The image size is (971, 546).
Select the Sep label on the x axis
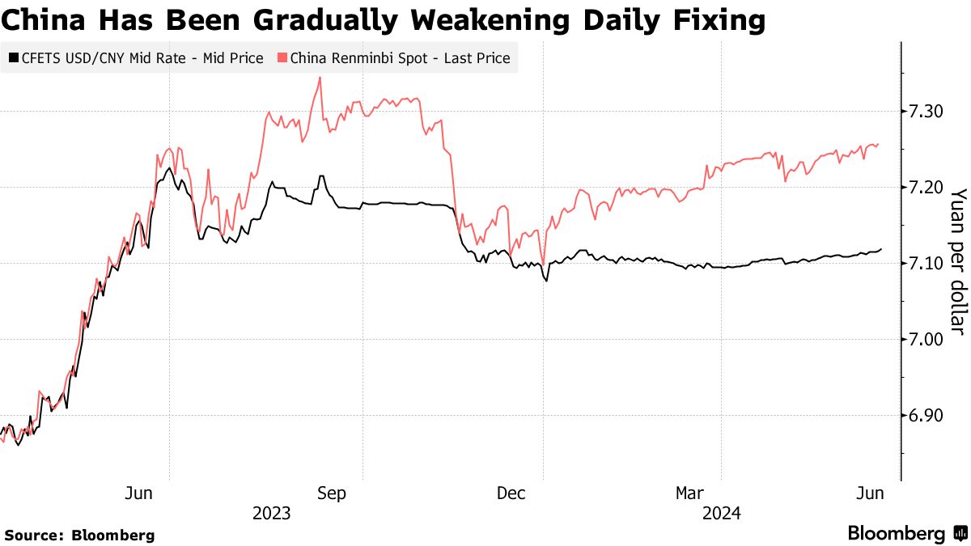point(332,493)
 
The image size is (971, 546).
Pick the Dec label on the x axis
point(513,493)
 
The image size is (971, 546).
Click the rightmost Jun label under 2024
point(870,493)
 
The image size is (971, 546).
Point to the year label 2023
point(272,513)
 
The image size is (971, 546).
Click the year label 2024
point(722,513)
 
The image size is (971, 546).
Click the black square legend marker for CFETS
point(12,58)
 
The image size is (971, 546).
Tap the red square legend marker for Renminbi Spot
point(282,58)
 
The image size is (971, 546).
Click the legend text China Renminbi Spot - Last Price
point(400,58)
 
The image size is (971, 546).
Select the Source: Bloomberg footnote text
point(79,535)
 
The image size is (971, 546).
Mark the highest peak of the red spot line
point(320,78)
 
